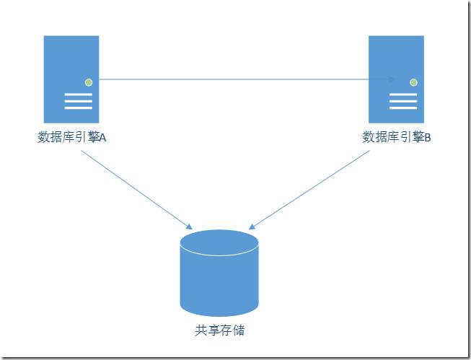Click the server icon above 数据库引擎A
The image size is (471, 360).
click(71, 79)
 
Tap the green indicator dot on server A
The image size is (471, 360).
click(89, 82)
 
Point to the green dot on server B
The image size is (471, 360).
click(413, 82)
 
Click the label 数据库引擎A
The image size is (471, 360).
click(71, 137)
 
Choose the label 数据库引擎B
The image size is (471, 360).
click(396, 137)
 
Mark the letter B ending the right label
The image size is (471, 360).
click(427, 138)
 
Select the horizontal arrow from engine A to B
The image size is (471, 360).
click(238, 79)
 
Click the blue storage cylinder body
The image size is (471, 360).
click(219, 285)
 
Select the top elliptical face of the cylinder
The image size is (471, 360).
click(219, 241)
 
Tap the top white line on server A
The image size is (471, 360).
click(79, 95)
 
